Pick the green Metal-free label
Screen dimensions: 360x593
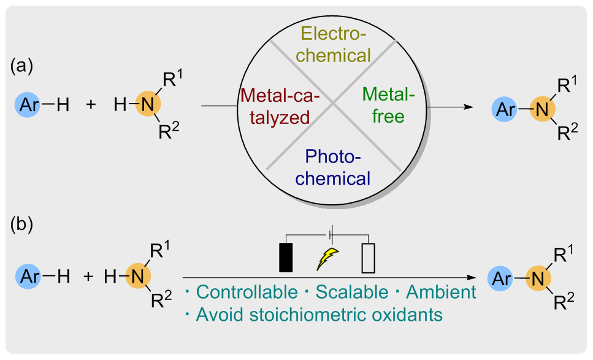point(388,105)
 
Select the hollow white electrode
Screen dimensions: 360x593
point(367,258)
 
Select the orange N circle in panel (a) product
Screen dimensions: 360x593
point(540,109)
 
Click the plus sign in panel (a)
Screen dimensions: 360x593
point(91,105)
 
